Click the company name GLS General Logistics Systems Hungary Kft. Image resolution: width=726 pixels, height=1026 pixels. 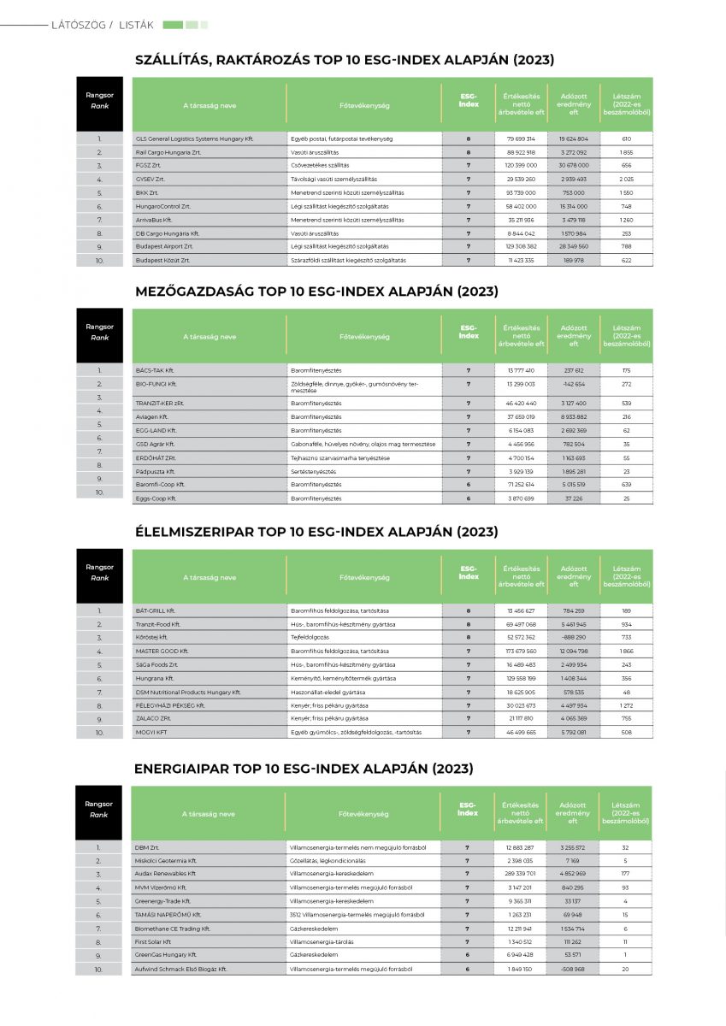pyautogui.click(x=195, y=139)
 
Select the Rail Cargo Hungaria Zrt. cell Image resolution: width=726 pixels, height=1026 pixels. pyautogui.click(x=168, y=152)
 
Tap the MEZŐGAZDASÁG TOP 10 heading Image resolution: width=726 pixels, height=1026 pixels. pyautogui.click(x=316, y=292)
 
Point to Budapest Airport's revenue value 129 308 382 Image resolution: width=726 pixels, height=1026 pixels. pyautogui.click(x=521, y=246)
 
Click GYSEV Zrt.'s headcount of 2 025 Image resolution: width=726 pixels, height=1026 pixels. pyautogui.click(x=626, y=180)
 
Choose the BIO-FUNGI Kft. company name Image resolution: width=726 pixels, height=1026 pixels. pyautogui.click(x=156, y=384)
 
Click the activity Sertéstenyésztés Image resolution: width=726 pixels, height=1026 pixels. pyautogui.click(x=314, y=471)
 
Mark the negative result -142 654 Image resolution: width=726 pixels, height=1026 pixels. pyautogui.click(x=574, y=384)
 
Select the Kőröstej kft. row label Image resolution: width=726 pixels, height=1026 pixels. pyautogui.click(x=152, y=638)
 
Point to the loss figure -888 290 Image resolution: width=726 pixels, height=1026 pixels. pyautogui.click(x=574, y=638)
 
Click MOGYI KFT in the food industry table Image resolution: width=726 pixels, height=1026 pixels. pyautogui.click(x=152, y=733)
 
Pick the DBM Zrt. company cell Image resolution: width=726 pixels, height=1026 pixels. pyautogui.click(x=148, y=847)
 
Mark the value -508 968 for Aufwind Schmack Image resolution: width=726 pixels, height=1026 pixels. pyautogui.click(x=574, y=970)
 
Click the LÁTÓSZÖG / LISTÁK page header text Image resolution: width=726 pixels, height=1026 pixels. pyautogui.click(x=103, y=25)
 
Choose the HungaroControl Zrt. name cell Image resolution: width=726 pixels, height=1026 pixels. pyautogui.click(x=163, y=206)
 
